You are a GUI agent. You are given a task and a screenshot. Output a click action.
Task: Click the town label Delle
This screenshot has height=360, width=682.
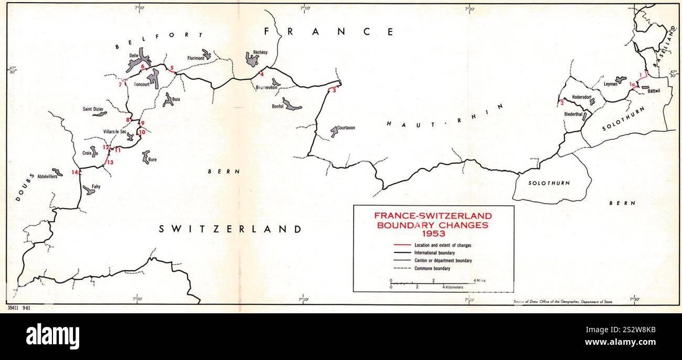pyautogui.click(x=133, y=55)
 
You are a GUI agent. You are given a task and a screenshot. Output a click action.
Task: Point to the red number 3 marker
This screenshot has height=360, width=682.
pyautogui.click(x=334, y=91)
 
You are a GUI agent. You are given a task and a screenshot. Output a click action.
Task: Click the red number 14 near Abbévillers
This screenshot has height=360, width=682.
pyautogui.click(x=75, y=172)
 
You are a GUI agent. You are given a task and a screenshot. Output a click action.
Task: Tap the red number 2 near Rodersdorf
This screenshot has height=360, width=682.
pyautogui.click(x=562, y=102)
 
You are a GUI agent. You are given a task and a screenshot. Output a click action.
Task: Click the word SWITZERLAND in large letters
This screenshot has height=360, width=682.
pyautogui.click(x=230, y=229)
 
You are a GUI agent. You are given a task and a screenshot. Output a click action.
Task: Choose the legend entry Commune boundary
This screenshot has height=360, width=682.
pyautogui.click(x=432, y=269)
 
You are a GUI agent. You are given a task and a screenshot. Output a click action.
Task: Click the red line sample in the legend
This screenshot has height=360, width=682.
pyautogui.click(x=401, y=245)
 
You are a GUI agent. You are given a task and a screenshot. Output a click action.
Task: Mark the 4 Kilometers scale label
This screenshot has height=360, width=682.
pyautogui.click(x=453, y=288)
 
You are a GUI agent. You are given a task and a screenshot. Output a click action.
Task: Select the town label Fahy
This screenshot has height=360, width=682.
pyautogui.click(x=96, y=186)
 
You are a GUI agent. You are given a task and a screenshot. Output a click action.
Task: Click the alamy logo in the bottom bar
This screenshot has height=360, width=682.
pyautogui.click(x=52, y=336)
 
